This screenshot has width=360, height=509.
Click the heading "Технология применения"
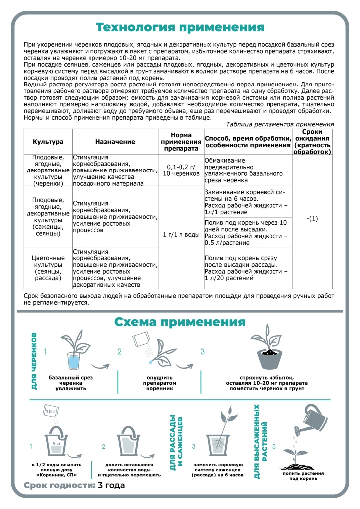(180, 26)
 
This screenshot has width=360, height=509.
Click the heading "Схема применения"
(180, 322)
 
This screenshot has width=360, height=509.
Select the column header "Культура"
(48, 142)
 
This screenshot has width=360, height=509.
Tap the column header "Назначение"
(115, 142)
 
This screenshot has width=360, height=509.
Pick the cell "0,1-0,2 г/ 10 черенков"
(181, 170)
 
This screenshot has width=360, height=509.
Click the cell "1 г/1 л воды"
(181, 234)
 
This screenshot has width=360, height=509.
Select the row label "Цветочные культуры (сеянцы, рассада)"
(48, 268)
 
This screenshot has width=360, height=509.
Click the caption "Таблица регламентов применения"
(280, 124)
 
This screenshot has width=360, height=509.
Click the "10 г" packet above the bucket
(51, 412)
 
